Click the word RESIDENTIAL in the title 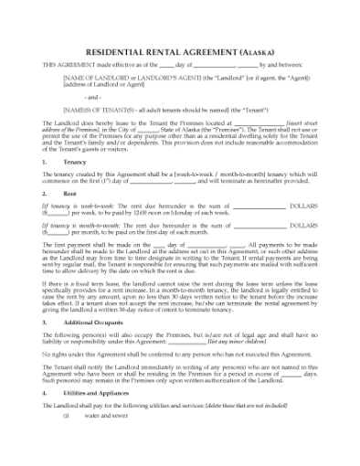tap(113, 53)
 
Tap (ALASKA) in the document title tap(256, 53)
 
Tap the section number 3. tap(45, 322)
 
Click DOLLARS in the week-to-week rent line tap(303, 207)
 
